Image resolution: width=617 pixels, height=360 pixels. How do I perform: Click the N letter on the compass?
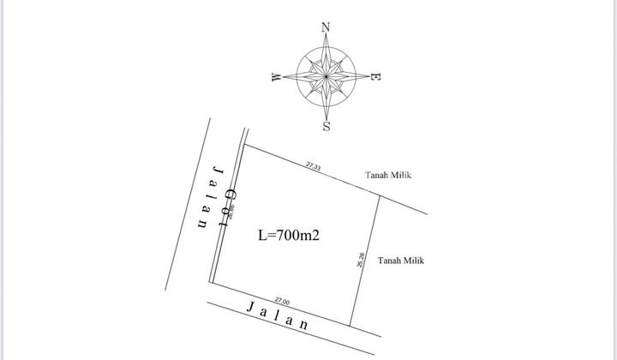(x=326, y=27)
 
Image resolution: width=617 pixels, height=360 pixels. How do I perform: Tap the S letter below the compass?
(x=326, y=128)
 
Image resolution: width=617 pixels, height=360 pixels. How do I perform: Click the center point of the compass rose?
(x=326, y=77)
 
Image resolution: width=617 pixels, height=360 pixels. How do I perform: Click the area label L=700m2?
(x=289, y=235)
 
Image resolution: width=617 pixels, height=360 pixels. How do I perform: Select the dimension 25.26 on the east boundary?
(x=362, y=260)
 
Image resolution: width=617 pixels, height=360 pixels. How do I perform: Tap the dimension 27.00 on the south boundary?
(x=281, y=301)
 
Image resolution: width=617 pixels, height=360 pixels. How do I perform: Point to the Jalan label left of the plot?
(x=210, y=198)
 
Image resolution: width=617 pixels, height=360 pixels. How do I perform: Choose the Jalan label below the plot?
(x=277, y=315)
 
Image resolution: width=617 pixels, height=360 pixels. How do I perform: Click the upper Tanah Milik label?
(x=388, y=175)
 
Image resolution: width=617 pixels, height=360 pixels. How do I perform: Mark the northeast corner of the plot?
(x=380, y=195)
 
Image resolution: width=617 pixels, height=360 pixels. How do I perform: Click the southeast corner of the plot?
(x=351, y=325)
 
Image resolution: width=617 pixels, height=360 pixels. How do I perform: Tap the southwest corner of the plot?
(x=212, y=283)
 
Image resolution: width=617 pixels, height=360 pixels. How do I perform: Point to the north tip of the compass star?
(x=326, y=36)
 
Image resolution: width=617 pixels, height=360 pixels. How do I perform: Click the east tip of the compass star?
(x=367, y=77)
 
